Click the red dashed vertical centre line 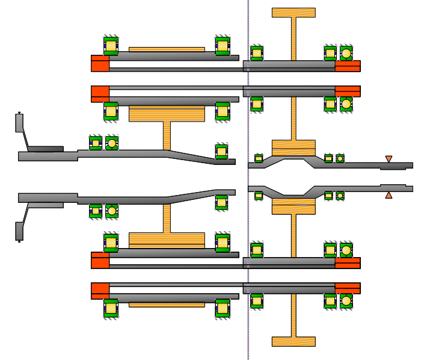(248, 181)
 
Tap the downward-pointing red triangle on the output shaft (389, 159)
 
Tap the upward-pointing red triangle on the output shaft (389, 195)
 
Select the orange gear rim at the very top (293, 12)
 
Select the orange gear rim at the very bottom (293, 341)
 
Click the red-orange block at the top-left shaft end (100, 63)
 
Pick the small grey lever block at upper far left (19, 123)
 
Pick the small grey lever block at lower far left (19, 231)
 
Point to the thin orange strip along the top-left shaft (167, 49)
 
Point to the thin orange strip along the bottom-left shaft (167, 305)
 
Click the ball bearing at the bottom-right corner (346, 300)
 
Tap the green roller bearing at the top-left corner (111, 46)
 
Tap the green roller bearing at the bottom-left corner (111, 308)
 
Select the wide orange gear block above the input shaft (167, 114)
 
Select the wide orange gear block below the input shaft (167, 240)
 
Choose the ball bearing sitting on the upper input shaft (112, 143)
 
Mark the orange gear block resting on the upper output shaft (293, 147)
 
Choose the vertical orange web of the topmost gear (293, 39)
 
